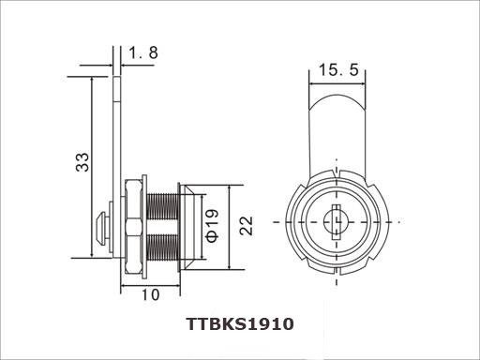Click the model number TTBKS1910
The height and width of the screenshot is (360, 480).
tap(240, 324)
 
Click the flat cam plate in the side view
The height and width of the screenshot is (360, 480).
tap(115, 141)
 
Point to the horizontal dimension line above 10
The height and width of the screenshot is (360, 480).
tap(150, 282)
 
